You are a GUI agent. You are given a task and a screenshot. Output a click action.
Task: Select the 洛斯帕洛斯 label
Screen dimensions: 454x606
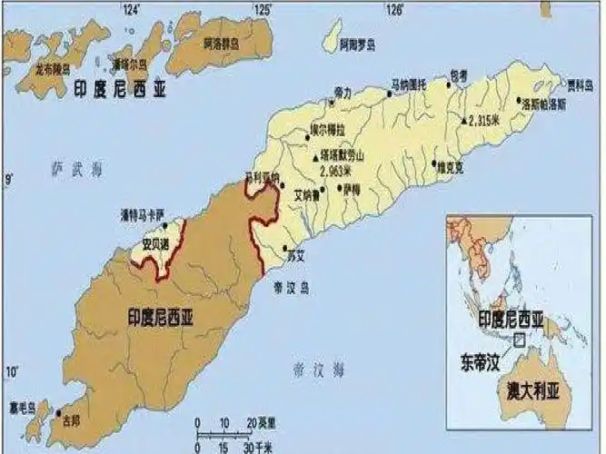(543, 105)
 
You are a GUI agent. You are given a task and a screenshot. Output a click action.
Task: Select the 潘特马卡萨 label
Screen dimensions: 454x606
(144, 214)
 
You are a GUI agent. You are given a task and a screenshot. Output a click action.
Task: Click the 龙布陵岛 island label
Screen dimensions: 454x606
(52, 67)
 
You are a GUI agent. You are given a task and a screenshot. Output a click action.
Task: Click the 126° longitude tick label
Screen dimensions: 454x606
(394, 10)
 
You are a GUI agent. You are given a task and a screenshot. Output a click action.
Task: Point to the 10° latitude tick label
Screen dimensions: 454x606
(13, 370)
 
